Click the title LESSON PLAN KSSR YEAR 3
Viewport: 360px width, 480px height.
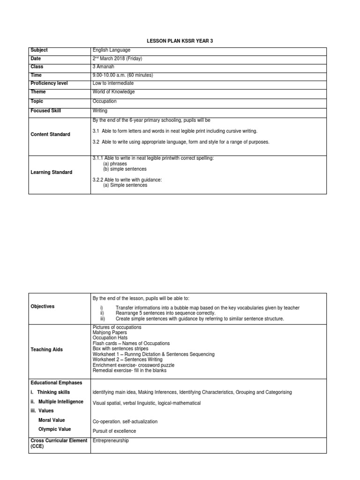pyautogui.click(x=180, y=41)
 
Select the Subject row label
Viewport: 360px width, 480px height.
pyautogui.click(x=39, y=50)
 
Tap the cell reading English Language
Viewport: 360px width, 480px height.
pyautogui.click(x=112, y=50)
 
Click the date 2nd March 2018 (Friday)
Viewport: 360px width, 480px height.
pyautogui.click(x=117, y=59)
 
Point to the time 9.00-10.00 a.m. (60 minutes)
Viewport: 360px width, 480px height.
pyautogui.click(x=123, y=75)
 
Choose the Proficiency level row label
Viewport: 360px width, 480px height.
pyautogui.click(x=49, y=83)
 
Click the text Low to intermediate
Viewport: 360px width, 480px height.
pyautogui.click(x=113, y=83)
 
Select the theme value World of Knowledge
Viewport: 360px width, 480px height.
pyautogui.click(x=114, y=92)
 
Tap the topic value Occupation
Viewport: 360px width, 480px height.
pyautogui.click(x=105, y=101)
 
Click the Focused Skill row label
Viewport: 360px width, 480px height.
pyautogui.click(x=45, y=111)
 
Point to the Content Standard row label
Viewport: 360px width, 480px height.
pyautogui.click(x=50, y=135)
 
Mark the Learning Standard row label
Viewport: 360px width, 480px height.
pyautogui.click(x=52, y=172)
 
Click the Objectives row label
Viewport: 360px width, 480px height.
pyautogui.click(x=43, y=307)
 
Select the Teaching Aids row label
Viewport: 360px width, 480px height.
pyautogui.click(x=46, y=350)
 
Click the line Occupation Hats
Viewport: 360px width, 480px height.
pyautogui.click(x=110, y=338)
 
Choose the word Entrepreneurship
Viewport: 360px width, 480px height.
pyautogui.click(x=111, y=441)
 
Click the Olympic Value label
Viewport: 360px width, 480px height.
pyautogui.click(x=55, y=429)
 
